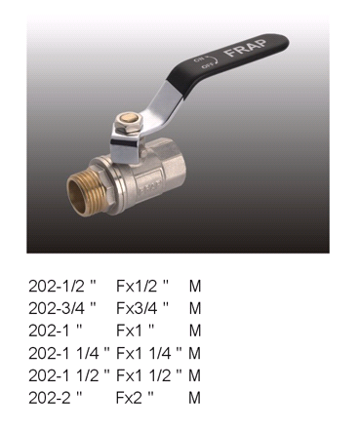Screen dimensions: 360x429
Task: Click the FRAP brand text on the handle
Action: pos(246,48)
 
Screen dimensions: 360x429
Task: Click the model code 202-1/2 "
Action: pos(62,286)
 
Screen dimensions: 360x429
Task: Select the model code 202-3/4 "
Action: pos(62,308)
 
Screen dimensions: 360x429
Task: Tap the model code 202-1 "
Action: pos(55,331)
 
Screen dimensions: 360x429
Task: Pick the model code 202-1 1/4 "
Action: pos(69,353)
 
